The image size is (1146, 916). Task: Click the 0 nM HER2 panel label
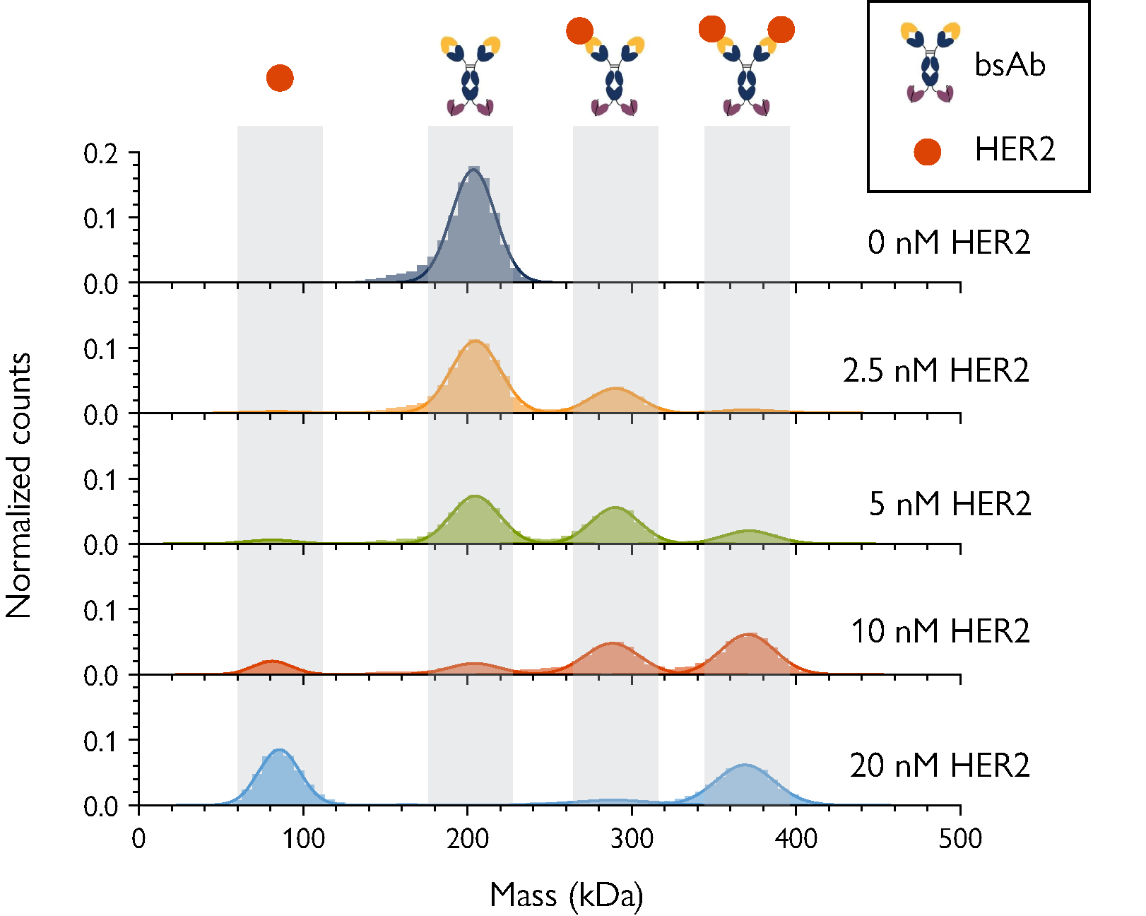pos(949,242)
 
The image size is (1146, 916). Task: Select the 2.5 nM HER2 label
pos(936,370)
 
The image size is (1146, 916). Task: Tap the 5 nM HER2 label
pos(950,504)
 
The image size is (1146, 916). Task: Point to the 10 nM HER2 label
pos(940,631)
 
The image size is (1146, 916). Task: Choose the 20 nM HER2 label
pos(940,765)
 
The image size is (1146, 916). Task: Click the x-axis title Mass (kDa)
pos(567,896)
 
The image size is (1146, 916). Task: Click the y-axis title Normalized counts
pos(19,486)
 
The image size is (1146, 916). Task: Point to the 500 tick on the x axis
pos(960,839)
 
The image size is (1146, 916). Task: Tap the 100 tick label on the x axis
pos(303,839)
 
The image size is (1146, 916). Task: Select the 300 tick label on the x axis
pos(632,839)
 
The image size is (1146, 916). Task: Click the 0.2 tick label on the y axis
pos(101,154)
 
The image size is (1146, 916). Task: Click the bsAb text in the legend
pos(1010,65)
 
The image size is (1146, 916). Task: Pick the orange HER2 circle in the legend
pos(927,151)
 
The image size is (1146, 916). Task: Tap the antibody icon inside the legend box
pos(930,62)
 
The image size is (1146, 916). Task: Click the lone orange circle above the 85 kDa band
pos(280,78)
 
